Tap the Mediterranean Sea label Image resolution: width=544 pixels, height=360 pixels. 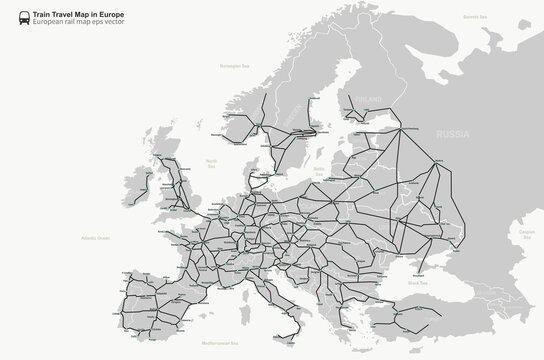[x=249, y=343]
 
